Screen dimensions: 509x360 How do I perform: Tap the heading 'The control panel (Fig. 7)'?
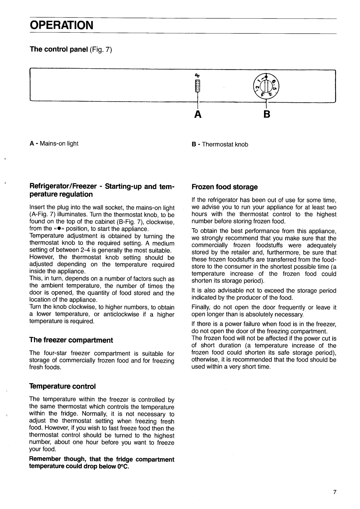72,50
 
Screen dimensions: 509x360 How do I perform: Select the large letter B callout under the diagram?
266,115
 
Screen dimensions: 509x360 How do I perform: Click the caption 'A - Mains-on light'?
54,144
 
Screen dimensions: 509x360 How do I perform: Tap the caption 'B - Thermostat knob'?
220,144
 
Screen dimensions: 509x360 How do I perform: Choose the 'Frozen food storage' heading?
225,187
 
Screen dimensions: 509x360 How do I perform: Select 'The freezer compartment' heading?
71,340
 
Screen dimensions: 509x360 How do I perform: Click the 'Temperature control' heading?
62,386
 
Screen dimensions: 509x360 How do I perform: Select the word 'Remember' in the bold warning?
45,459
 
